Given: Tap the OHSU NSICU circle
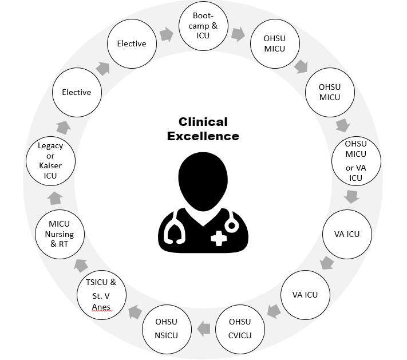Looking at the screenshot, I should [x=166, y=328].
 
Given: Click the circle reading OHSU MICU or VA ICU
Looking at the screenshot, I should [x=355, y=161].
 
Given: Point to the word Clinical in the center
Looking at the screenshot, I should [x=203, y=122].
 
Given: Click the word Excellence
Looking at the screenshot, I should [x=203, y=136].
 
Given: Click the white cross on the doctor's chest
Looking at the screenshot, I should [x=218, y=238].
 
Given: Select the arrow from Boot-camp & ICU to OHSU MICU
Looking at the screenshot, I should [x=238, y=34].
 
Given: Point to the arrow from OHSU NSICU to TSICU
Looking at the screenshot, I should [x=135, y=312].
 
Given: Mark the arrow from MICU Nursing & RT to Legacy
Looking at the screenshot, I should [x=55, y=199].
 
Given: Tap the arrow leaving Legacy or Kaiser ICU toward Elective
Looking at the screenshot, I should [x=62, y=126].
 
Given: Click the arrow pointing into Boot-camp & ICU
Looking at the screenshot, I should [x=166, y=35].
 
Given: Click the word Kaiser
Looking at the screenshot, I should [x=50, y=165].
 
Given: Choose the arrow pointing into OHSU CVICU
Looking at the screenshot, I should [x=274, y=311].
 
